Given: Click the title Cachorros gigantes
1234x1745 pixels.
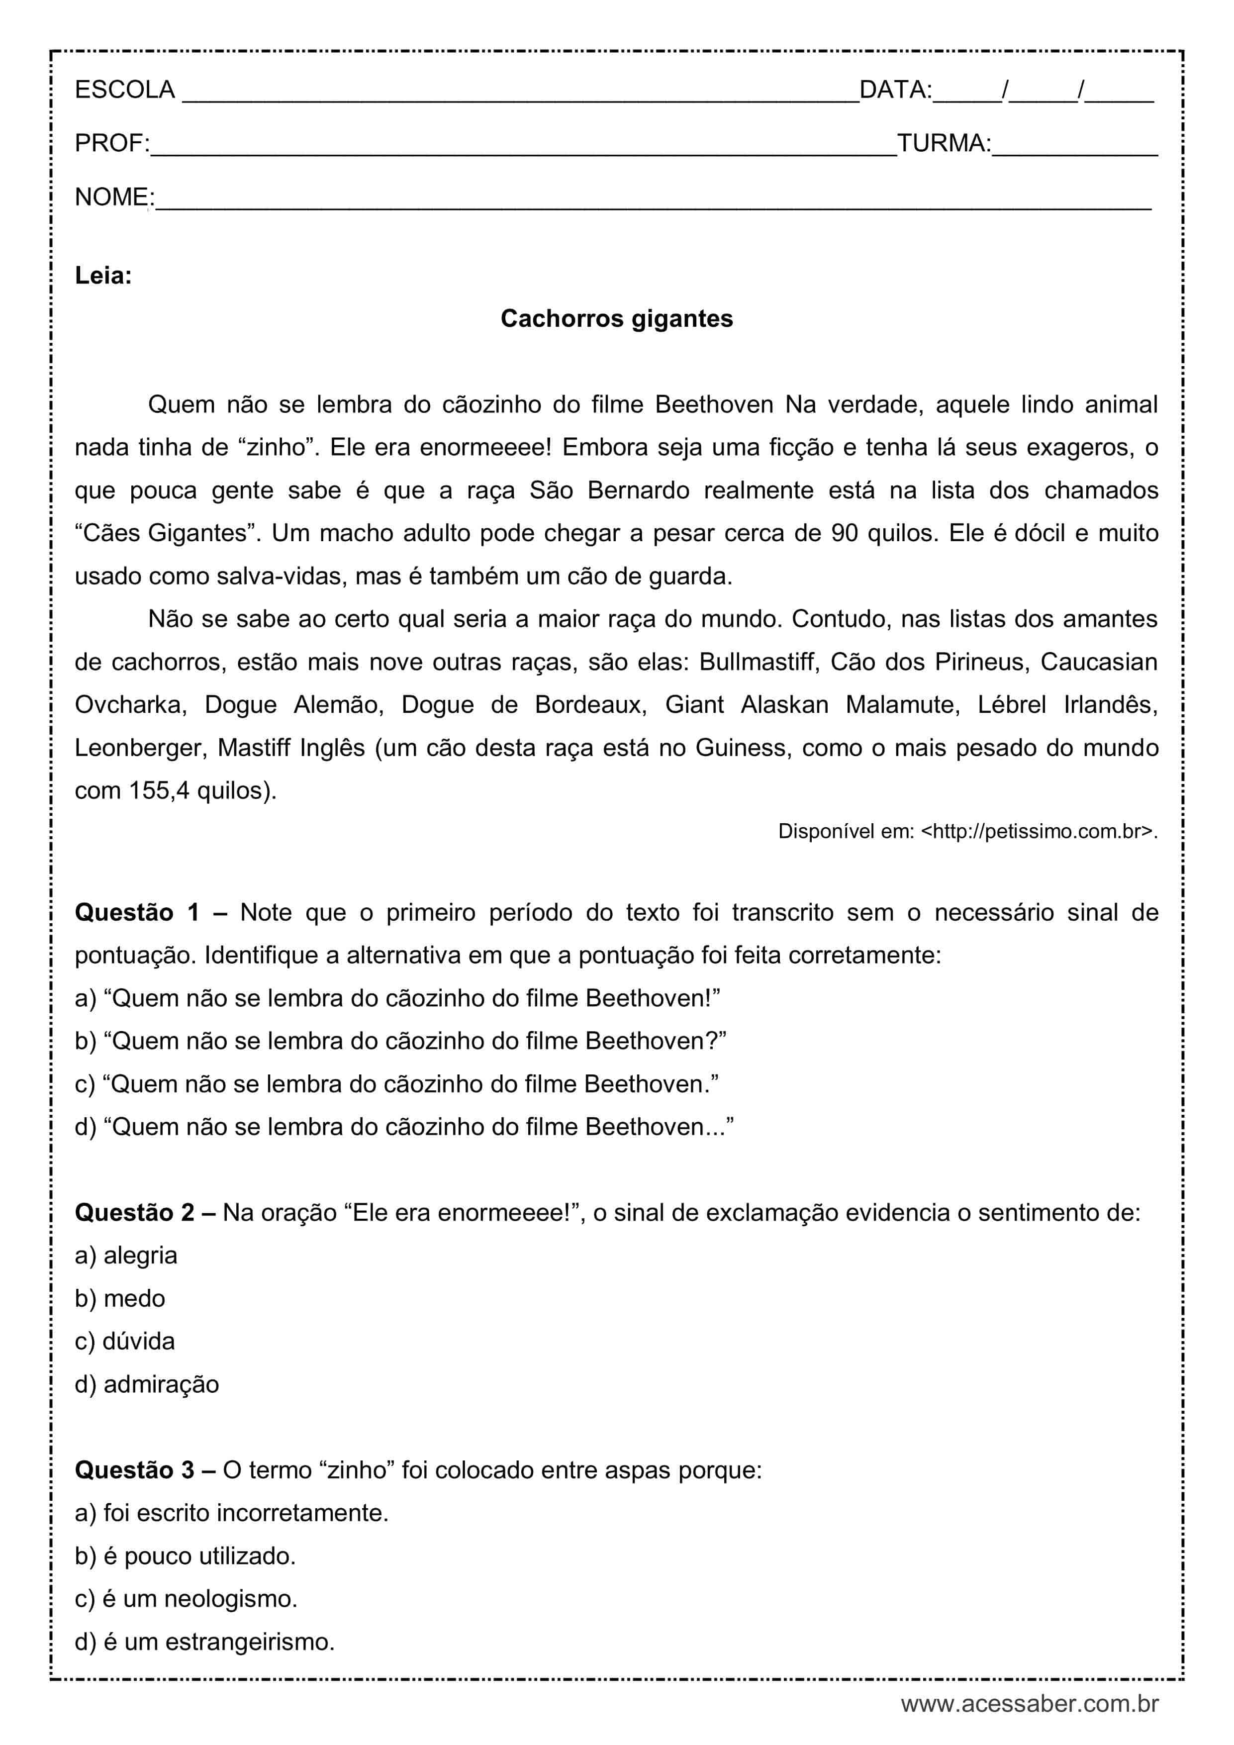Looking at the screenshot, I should click(616, 318).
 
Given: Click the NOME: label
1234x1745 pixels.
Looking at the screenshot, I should click(114, 197).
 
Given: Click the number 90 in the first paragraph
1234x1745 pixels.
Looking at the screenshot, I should click(844, 533).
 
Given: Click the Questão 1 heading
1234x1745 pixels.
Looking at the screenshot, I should click(137, 912).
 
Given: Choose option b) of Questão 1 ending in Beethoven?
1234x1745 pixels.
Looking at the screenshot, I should click(400, 1041).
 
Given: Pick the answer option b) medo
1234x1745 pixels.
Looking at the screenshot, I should click(120, 1298).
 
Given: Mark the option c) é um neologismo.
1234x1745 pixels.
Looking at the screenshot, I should click(186, 1599).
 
